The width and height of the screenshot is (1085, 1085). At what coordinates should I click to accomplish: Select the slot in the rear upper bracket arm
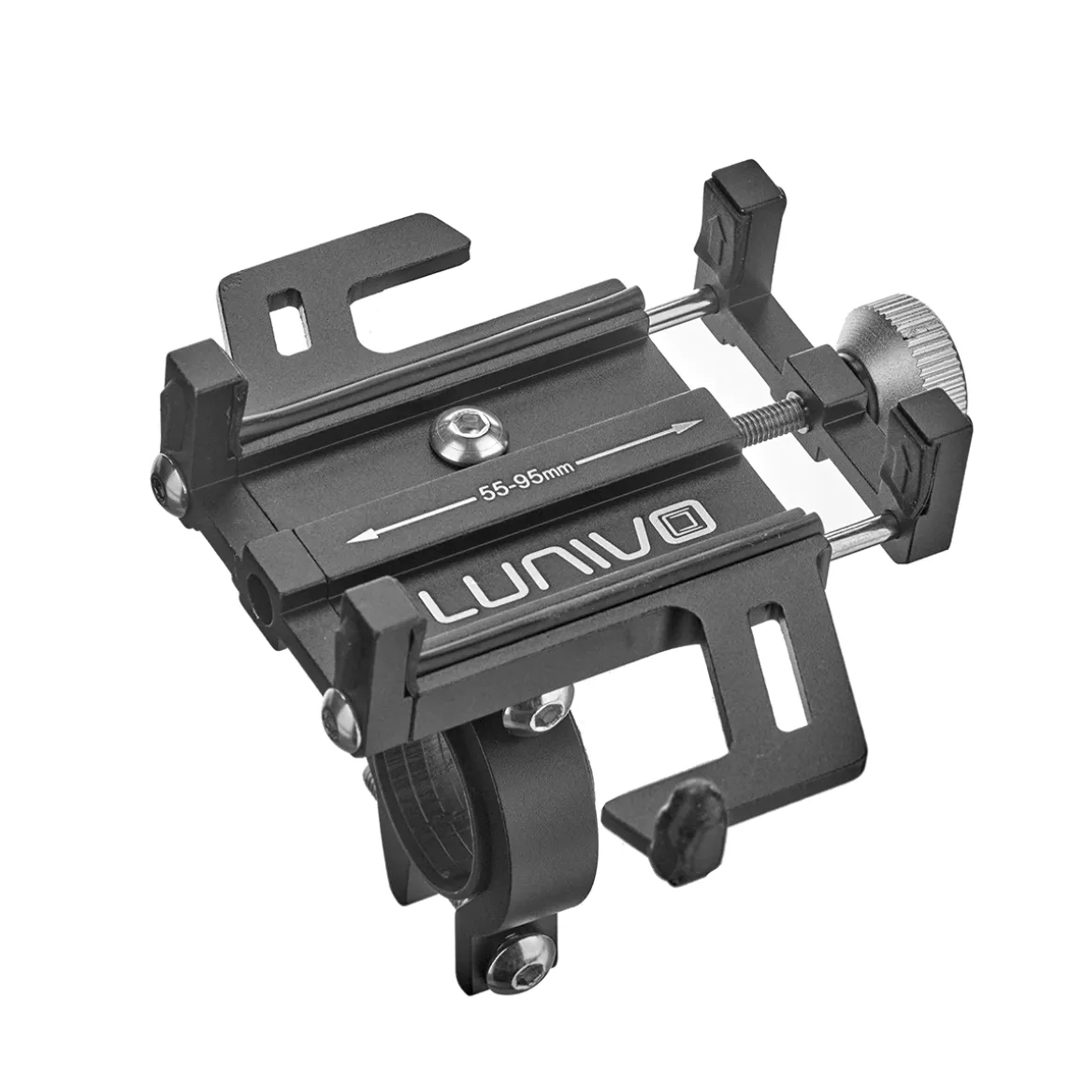click(289, 321)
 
